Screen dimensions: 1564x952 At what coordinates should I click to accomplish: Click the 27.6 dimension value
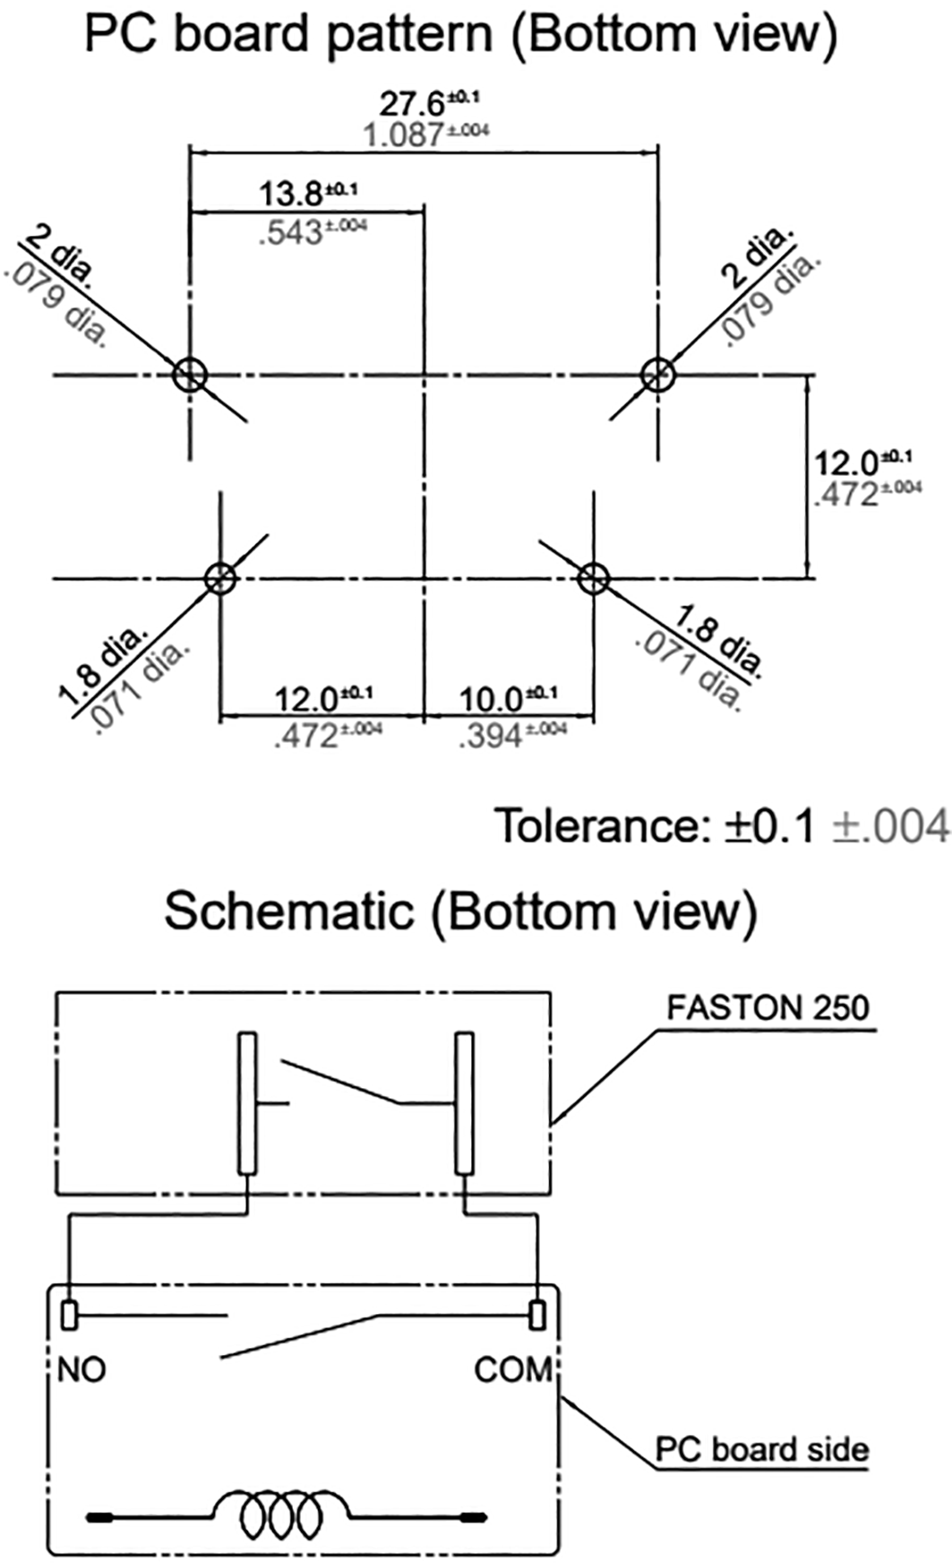[x=413, y=103]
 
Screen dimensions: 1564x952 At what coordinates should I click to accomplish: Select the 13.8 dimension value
[x=290, y=193]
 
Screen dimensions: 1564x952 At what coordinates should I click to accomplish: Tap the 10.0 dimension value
[x=492, y=698]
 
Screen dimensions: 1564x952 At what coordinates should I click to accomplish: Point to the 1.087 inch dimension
[x=404, y=135]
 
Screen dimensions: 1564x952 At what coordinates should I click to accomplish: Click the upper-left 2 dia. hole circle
[x=190, y=374]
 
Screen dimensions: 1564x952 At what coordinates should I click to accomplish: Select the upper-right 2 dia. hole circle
[x=659, y=374]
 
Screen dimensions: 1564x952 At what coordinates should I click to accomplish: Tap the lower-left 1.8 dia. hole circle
[x=219, y=578]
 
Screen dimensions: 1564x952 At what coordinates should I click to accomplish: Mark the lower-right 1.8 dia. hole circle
[x=593, y=578]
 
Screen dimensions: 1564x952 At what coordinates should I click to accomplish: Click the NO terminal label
[x=81, y=1370]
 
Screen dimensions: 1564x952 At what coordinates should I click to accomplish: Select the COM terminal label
[x=514, y=1370]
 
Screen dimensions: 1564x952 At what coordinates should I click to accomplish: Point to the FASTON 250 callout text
[x=768, y=1007]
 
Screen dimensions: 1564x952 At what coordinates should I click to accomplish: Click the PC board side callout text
[x=761, y=1449]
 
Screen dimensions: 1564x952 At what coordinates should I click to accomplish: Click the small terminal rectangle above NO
[x=69, y=1315]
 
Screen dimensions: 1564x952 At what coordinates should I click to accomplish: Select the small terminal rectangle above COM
[x=536, y=1315]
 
